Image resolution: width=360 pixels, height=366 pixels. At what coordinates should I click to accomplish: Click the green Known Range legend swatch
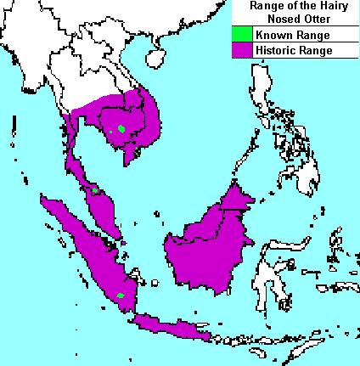[x=242, y=36]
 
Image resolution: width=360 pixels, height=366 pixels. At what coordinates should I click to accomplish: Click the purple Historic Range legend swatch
[x=242, y=51]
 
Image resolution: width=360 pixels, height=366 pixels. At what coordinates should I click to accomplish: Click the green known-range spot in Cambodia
[x=122, y=129]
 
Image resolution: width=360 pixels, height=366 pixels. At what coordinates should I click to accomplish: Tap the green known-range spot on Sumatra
[x=121, y=296]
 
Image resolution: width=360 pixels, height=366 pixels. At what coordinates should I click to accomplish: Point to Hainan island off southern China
[x=155, y=58]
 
